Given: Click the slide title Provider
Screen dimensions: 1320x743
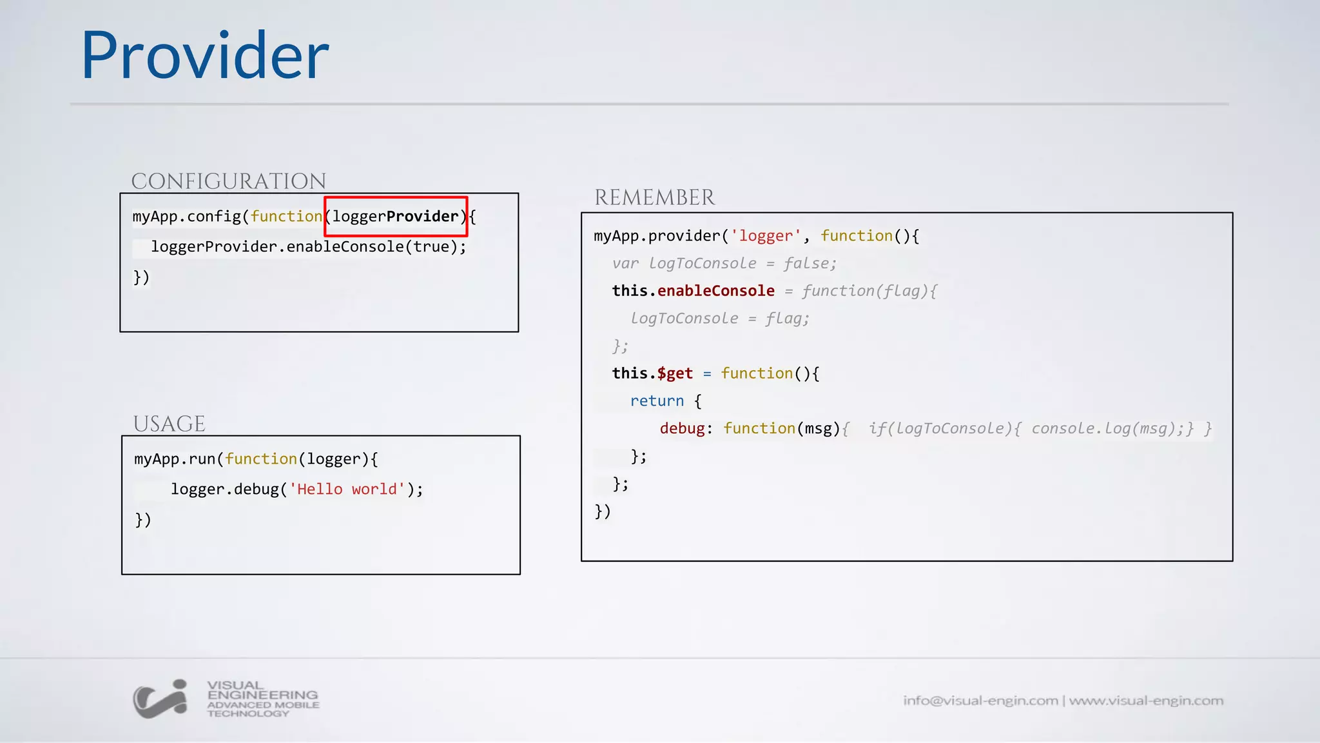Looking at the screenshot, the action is tap(205, 56).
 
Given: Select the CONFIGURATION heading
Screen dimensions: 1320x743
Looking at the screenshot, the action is tap(229, 181).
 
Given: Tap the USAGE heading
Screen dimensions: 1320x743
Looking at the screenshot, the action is tap(169, 424).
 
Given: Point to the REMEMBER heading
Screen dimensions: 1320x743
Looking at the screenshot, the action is tap(654, 197).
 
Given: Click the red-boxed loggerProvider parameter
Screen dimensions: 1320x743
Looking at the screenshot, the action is tap(396, 217).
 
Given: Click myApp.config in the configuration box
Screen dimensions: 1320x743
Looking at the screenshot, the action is tap(186, 217).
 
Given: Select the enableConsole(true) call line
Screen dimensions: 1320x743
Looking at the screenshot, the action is tap(308, 247).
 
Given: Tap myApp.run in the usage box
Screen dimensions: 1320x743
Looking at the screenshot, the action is tap(174, 459).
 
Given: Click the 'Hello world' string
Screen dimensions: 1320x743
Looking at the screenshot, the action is tap(347, 490).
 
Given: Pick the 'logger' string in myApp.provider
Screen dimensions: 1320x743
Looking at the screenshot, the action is tap(765, 236).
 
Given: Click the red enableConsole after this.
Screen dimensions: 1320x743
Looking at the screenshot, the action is tap(715, 291).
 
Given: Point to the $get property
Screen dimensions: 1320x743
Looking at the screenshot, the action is tap(675, 373).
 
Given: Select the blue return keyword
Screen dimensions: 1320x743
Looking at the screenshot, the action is tap(657, 401).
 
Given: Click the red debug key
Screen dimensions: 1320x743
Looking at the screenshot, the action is tap(682, 429).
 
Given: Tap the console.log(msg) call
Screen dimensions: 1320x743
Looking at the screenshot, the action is tap(1107, 429).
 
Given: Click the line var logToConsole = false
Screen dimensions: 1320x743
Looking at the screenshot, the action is tap(724, 264).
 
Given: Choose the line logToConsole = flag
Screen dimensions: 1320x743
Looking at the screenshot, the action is tap(719, 319).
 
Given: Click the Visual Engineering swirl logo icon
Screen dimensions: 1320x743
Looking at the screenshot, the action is tap(160, 699).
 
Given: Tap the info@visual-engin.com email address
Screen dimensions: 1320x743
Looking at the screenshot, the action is tap(980, 700).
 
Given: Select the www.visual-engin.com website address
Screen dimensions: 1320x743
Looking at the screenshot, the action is tap(1146, 700).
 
